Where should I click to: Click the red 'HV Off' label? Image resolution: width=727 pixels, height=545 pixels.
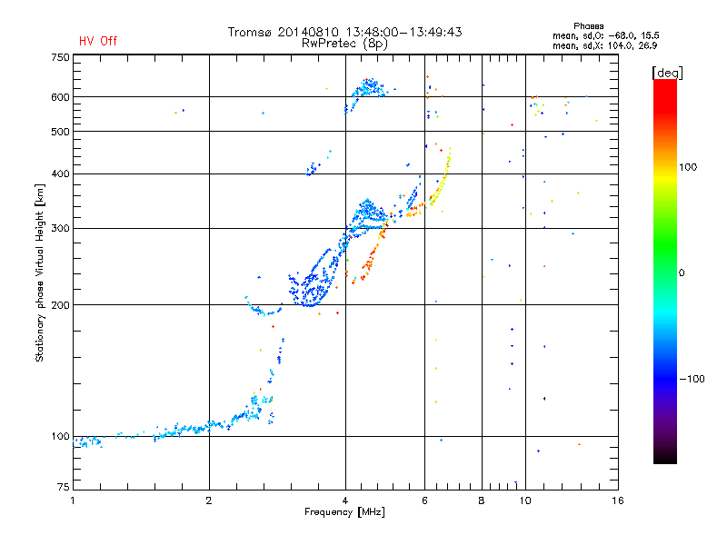[98, 41]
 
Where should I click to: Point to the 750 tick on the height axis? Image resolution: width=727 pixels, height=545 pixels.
[60, 57]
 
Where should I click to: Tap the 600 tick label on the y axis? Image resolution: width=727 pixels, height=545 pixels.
[60, 97]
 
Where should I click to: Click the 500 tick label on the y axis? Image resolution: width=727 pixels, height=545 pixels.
[60, 132]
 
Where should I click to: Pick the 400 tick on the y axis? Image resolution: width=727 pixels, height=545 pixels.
[60, 173]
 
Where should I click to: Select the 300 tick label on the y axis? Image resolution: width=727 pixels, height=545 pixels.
[60, 228]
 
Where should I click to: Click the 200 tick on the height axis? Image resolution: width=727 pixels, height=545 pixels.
[60, 305]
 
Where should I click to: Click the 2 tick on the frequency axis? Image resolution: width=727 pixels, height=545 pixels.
[209, 500]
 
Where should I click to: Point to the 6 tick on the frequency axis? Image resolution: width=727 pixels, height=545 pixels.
[424, 500]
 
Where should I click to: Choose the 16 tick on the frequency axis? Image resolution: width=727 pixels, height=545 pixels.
[617, 500]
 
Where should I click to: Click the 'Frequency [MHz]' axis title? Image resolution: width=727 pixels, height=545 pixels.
[345, 513]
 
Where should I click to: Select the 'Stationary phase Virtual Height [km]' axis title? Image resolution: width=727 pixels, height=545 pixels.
[40, 272]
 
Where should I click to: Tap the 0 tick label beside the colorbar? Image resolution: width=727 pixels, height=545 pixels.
[682, 272]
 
